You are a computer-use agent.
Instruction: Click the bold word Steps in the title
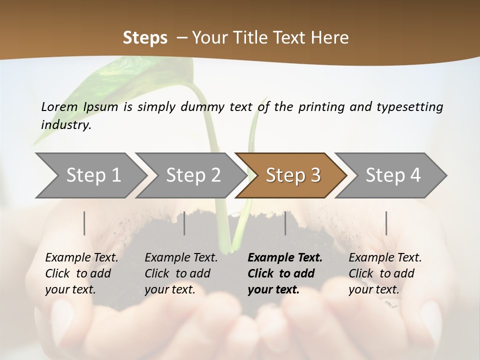145,38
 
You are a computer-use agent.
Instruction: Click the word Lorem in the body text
59,106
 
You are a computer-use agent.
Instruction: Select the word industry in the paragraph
66,125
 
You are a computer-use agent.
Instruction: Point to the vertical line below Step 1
84,223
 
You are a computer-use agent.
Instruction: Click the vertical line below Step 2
184,223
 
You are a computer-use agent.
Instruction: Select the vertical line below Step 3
285,223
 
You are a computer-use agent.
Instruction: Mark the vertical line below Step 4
386,223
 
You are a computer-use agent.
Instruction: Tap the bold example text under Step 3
284,273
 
